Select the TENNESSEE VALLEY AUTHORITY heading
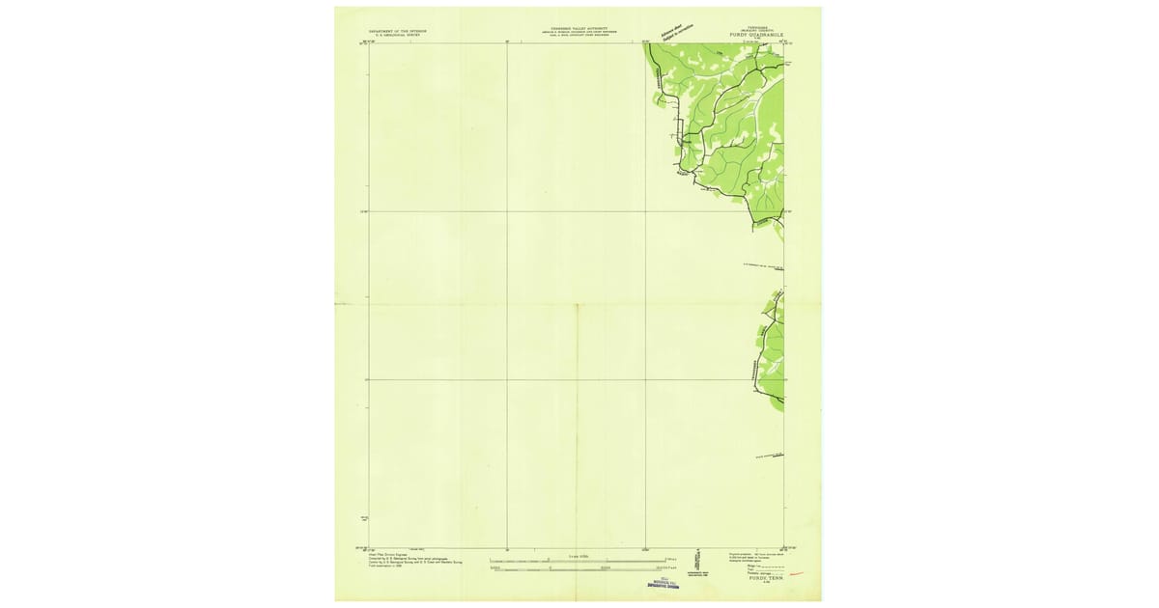(x=577, y=29)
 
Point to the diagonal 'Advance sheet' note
(x=674, y=33)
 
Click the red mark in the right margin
(x=798, y=573)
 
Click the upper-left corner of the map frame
(x=368, y=42)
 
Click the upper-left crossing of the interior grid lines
(x=507, y=211)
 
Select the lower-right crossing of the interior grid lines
(x=645, y=379)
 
